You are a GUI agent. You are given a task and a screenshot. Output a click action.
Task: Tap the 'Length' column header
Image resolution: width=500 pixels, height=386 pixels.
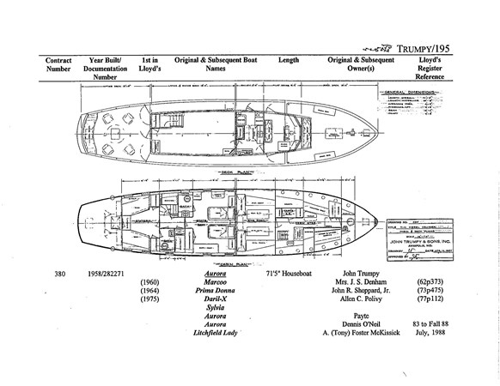click(x=288, y=61)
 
